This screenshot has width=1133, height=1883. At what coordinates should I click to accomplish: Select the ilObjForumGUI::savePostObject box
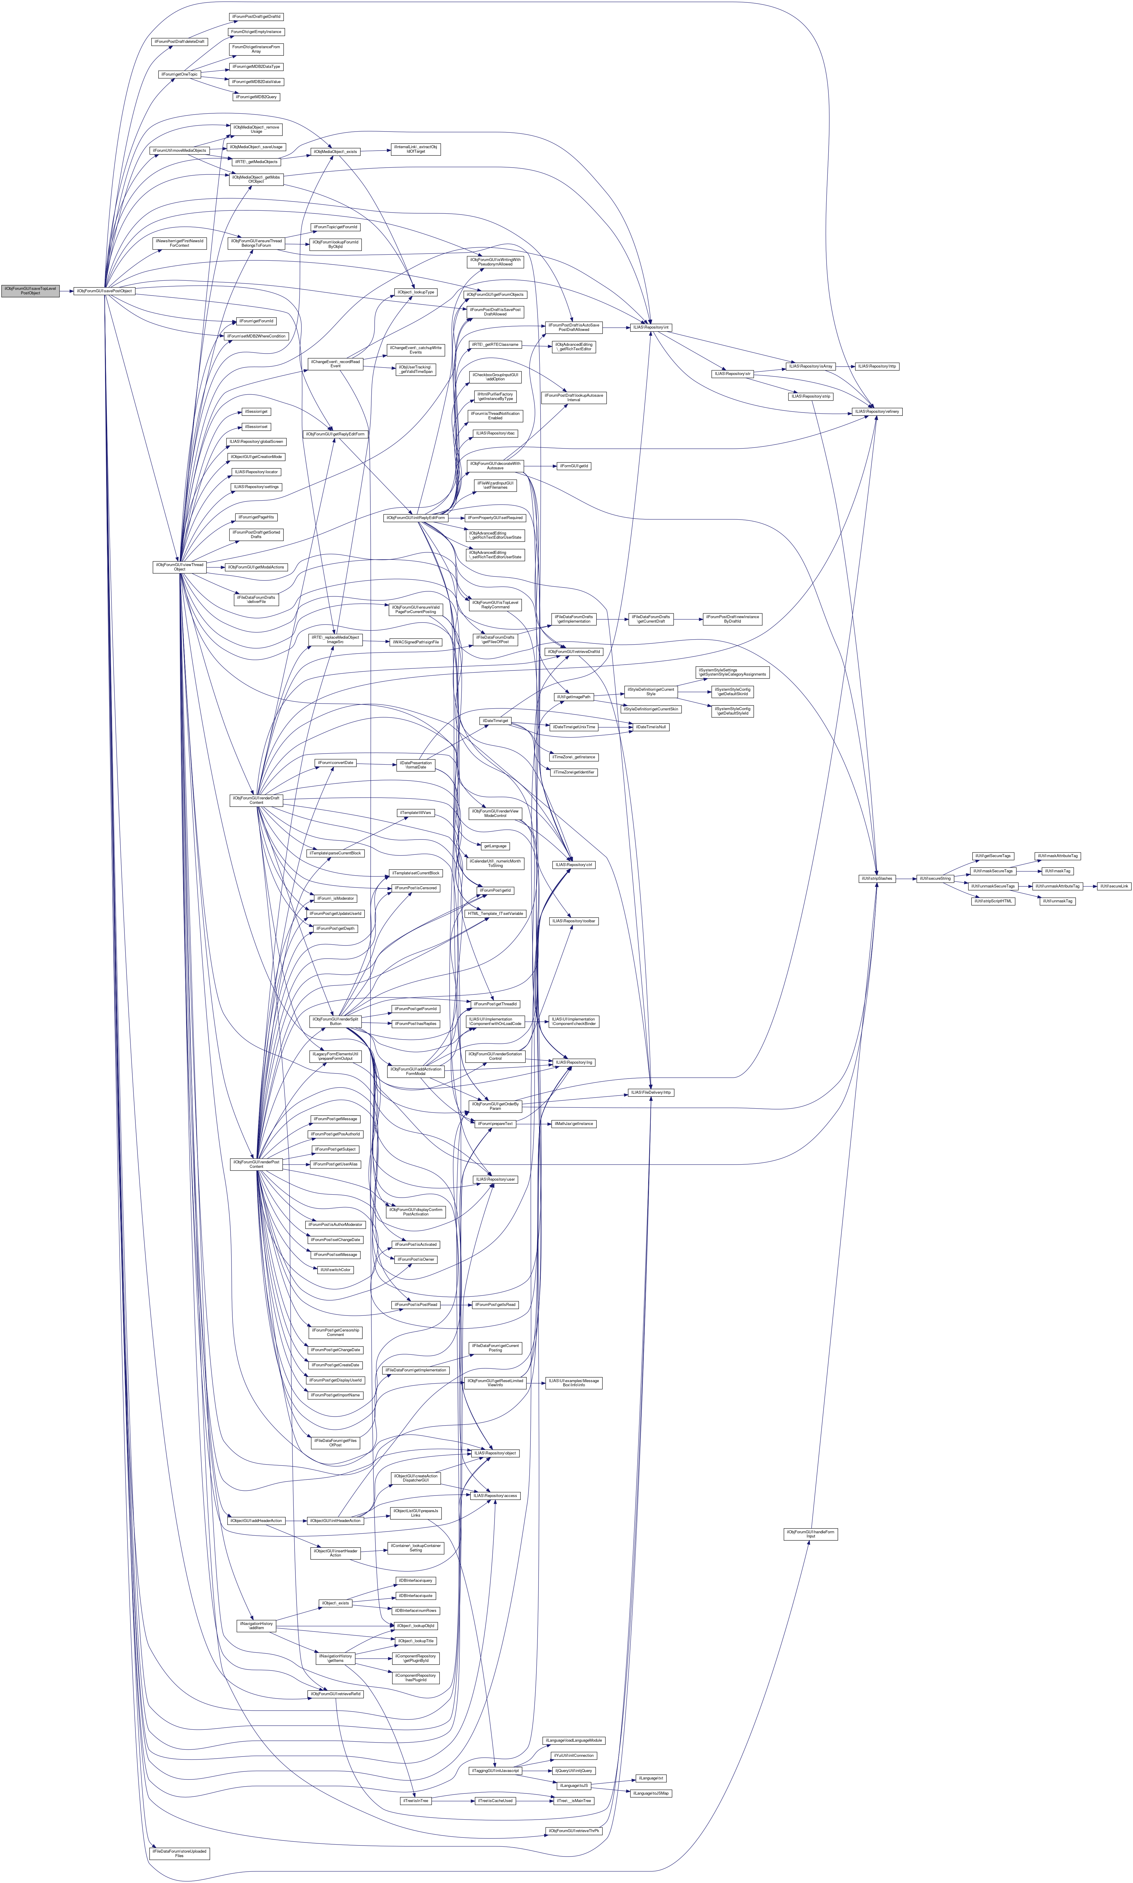(104, 291)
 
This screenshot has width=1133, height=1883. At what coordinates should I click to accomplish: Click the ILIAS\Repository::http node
(877, 367)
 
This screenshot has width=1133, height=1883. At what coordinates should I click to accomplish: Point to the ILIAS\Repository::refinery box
(877, 412)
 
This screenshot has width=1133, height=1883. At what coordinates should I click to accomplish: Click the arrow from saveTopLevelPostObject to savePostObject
(66, 291)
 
